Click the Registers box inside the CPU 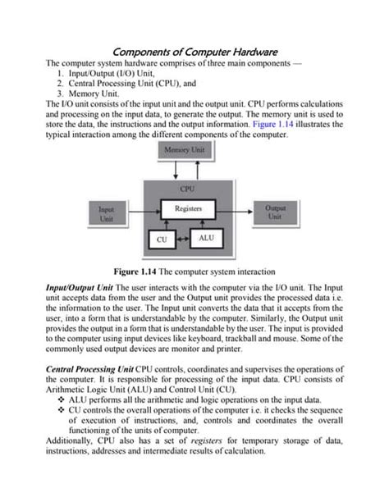[x=188, y=209]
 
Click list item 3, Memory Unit [x=91, y=93]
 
